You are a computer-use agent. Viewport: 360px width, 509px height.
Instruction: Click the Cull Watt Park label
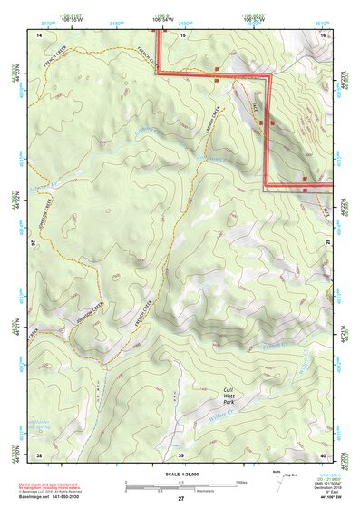[234, 395]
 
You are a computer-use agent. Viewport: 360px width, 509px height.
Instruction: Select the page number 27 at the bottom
[180, 499]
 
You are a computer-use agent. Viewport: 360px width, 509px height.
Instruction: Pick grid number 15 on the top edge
[182, 34]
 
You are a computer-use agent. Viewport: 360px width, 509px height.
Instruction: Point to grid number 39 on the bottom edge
[180, 455]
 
